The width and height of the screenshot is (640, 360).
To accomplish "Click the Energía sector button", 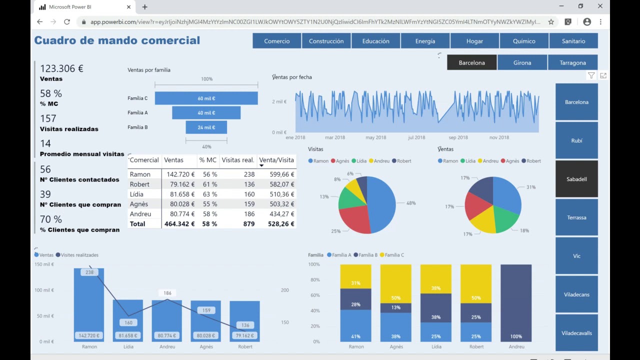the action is point(425,41).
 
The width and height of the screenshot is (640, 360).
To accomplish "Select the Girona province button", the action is point(522,62).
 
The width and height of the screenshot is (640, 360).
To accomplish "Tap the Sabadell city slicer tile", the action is point(576,179).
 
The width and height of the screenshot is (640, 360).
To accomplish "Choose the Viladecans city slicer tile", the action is point(576,294).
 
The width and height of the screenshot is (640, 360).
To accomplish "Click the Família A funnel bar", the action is point(206,113).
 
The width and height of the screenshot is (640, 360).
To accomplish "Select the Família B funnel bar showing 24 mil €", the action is point(206,127).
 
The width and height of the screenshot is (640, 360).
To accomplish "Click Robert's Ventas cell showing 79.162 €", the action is point(182,184).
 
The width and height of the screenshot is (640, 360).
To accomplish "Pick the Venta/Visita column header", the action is point(276,160).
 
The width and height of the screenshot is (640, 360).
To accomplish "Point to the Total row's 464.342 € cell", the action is point(179,223).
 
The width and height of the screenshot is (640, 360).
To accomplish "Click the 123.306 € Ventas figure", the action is point(61,68).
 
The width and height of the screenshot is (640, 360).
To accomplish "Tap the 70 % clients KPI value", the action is point(51,219).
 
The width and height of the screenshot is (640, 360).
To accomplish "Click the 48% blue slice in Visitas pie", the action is point(383,204).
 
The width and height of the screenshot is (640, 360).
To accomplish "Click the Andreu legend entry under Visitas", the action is point(379,161).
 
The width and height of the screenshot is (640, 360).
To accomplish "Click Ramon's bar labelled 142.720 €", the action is point(89,305).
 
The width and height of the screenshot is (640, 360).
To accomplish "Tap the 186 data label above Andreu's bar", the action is point(167,293).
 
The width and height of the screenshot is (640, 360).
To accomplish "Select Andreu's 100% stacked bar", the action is point(516,303).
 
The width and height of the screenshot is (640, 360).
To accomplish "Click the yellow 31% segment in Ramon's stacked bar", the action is point(355,276).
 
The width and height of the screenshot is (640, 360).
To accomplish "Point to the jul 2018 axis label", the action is point(416,137).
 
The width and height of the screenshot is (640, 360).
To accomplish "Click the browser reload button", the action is point(67,21).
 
